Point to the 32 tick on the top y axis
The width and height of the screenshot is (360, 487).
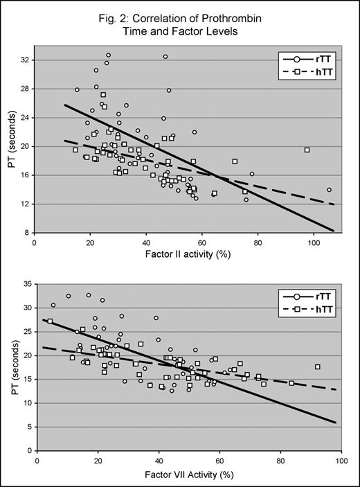[x=24, y=60]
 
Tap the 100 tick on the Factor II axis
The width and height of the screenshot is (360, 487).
[x=313, y=242]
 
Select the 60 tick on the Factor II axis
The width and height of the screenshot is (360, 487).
[x=201, y=242]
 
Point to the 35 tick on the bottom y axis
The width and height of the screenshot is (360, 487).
[x=24, y=283]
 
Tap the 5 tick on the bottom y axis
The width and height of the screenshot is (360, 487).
[x=27, y=426]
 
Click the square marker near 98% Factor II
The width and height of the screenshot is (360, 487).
[x=307, y=150]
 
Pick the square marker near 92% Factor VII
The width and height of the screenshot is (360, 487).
[x=318, y=367]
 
